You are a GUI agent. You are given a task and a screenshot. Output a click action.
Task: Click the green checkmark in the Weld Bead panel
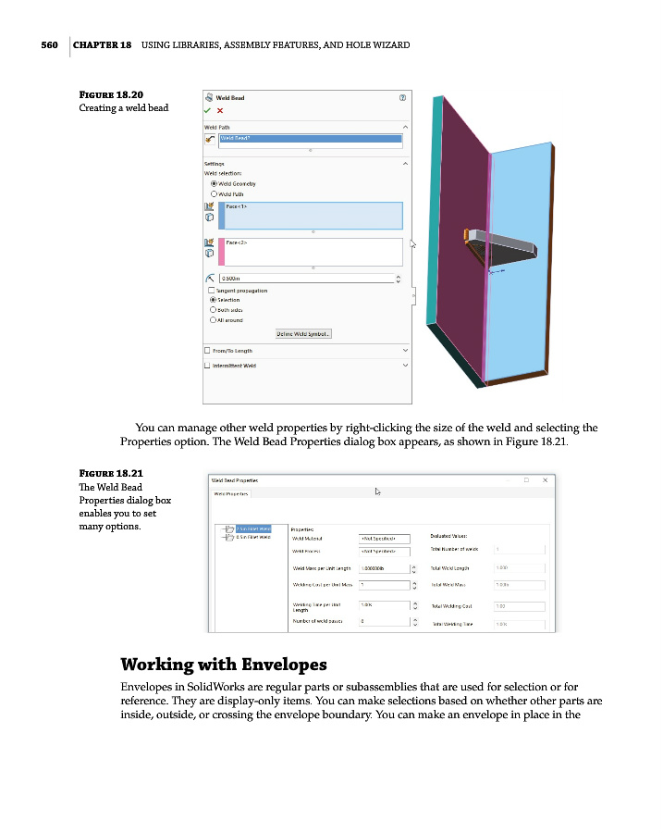tap(208, 110)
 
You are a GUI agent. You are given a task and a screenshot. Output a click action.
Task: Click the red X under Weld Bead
tap(220, 110)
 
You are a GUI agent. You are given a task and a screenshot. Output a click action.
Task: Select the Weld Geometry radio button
tap(215, 183)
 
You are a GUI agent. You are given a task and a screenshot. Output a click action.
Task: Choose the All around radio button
tap(215, 319)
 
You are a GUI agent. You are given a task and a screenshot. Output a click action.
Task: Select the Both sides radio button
tap(215, 309)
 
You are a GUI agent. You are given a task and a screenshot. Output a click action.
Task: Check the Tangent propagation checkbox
tap(212, 291)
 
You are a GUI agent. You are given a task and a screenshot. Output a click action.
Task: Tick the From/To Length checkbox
tap(207, 351)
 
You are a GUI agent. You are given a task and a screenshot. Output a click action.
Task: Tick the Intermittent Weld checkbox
tap(207, 366)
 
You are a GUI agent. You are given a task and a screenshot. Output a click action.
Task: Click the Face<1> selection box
tap(313, 215)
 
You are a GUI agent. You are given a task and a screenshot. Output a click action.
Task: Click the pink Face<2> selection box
tap(313, 251)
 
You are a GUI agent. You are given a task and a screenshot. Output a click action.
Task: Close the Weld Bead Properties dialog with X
tap(546, 480)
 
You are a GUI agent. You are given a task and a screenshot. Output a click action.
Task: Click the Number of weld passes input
tap(381, 621)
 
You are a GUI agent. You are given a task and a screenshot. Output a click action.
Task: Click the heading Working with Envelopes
tap(224, 665)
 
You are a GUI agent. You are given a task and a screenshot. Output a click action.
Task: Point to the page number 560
tap(50, 45)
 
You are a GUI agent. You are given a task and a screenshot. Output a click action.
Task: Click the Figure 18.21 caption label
tap(111, 473)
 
